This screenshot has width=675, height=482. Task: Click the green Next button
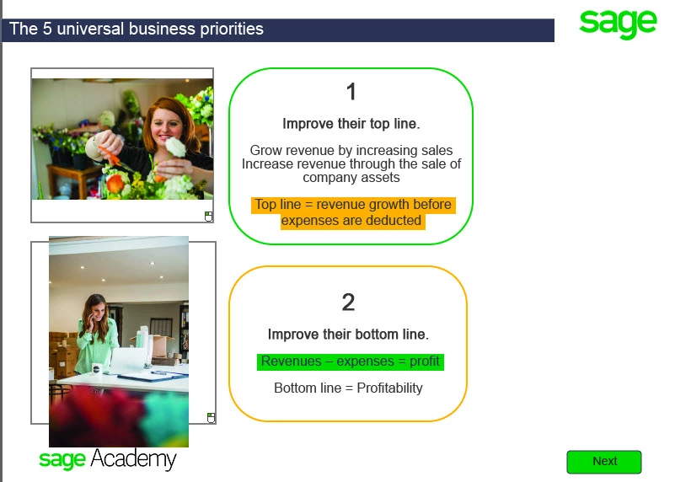(x=604, y=462)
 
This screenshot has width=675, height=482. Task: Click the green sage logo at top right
(x=618, y=24)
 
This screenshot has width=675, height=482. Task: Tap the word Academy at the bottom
(x=133, y=459)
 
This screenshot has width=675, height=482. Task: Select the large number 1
(x=351, y=92)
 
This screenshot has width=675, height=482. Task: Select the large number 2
(x=348, y=303)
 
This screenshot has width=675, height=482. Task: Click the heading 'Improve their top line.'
(x=351, y=124)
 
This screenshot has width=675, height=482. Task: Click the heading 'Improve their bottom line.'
(x=348, y=335)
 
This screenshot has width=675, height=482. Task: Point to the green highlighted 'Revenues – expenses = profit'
(x=351, y=361)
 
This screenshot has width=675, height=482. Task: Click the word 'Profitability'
(x=389, y=388)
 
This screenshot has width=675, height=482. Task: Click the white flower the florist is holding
(x=175, y=147)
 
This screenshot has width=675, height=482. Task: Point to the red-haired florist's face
(x=166, y=126)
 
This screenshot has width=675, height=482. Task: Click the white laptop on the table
(x=128, y=361)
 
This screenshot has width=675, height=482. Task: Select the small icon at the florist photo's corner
(x=208, y=217)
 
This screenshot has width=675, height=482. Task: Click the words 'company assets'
(x=351, y=178)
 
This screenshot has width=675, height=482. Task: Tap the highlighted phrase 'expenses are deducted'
(x=351, y=221)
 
